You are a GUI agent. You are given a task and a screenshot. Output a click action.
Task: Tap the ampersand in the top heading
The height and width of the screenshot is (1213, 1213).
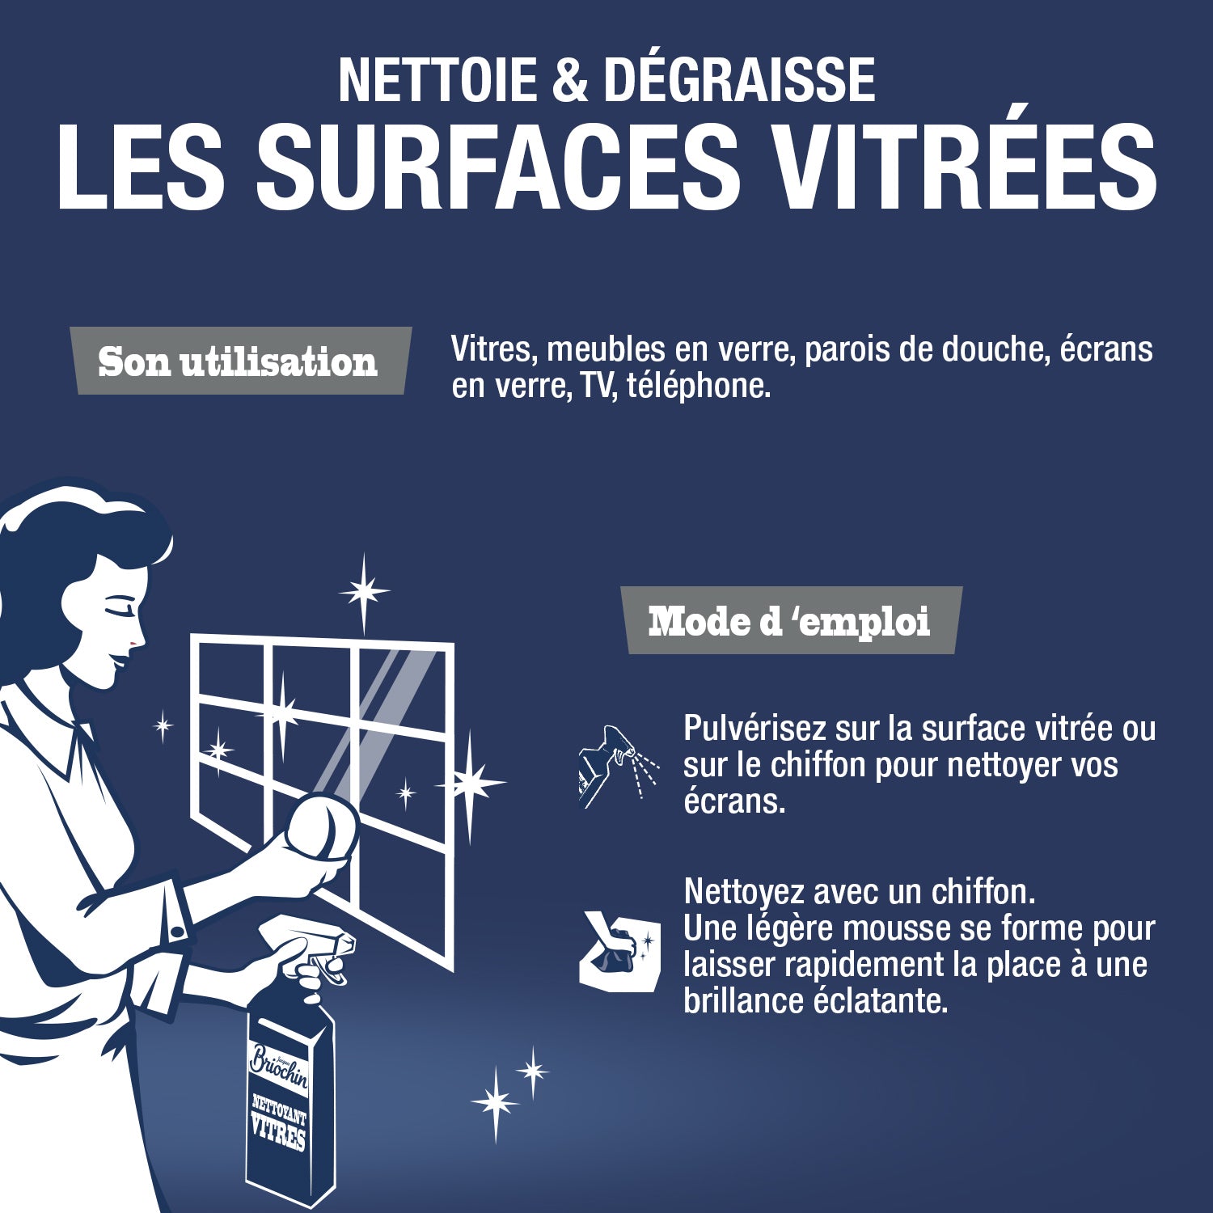pos(570,80)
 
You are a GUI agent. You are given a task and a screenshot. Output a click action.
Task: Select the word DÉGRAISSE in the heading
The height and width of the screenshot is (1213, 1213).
pos(739,80)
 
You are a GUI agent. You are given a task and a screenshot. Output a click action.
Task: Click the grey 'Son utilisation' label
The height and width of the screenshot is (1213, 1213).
pos(239,361)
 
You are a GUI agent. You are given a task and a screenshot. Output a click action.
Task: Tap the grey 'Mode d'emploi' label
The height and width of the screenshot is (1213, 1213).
pos(790,621)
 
